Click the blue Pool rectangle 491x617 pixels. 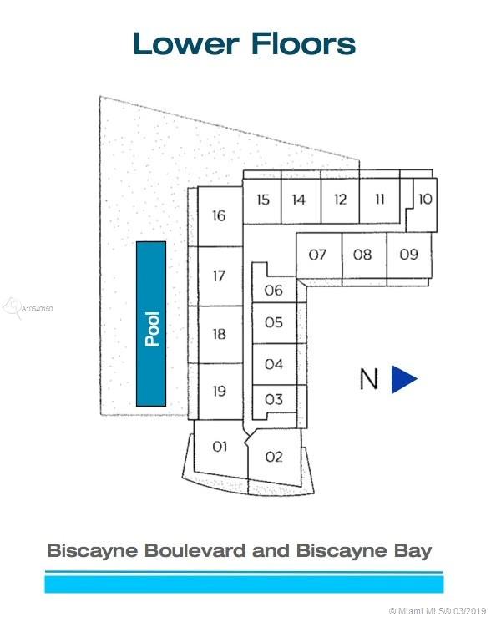(151, 324)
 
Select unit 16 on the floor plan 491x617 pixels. (220, 216)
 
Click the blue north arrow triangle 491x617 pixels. (403, 379)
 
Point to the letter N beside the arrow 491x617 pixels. (369, 379)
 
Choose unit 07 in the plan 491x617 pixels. (318, 255)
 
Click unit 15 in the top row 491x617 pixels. (262, 200)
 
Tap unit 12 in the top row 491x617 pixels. (341, 200)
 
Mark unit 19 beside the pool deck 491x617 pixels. (220, 392)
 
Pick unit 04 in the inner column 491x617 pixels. (274, 364)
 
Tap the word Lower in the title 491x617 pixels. (186, 43)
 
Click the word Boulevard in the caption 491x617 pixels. (195, 550)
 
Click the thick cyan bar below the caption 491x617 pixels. (244, 584)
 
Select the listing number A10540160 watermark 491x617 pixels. (37, 309)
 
